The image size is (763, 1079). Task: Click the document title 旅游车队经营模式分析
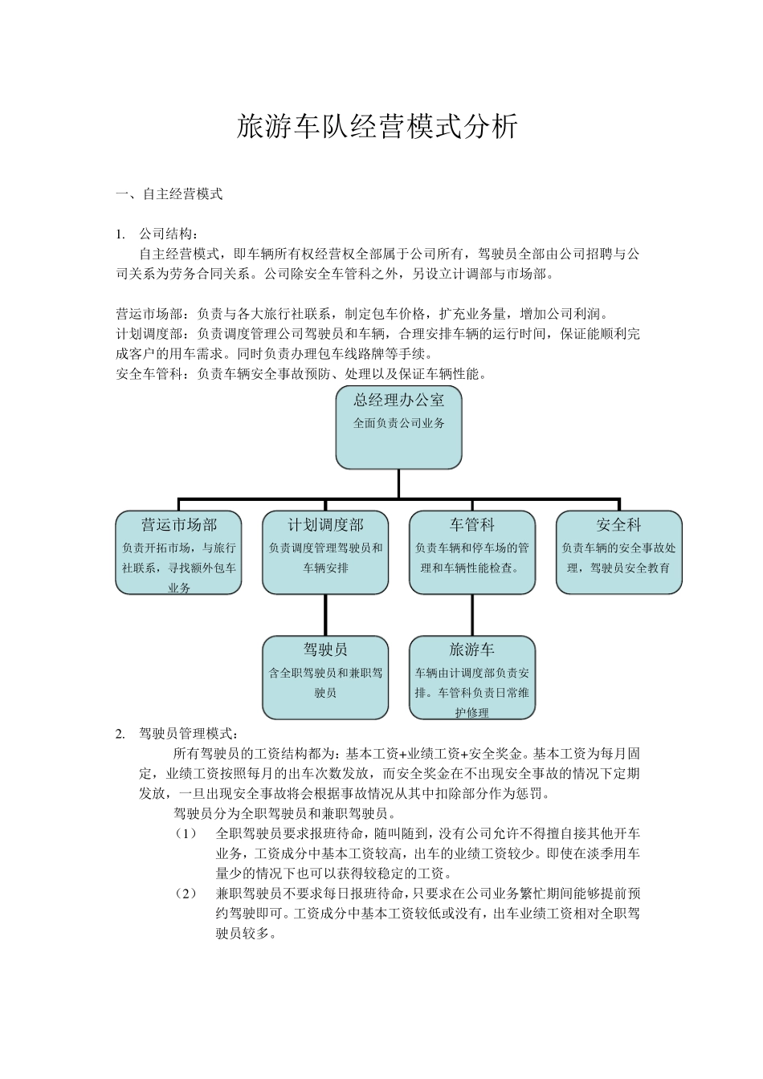(377, 128)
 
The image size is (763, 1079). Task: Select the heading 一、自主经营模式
(169, 194)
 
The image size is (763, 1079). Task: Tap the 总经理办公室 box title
(398, 400)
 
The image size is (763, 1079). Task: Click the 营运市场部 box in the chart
(178, 552)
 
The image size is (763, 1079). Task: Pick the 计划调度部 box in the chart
(325, 552)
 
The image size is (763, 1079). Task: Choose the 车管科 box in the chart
(471, 552)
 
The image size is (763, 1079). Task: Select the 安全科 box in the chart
(618, 552)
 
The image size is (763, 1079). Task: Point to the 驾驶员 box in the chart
(325, 677)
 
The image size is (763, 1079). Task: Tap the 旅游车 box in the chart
(471, 677)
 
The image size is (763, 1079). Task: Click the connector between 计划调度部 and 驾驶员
(325, 615)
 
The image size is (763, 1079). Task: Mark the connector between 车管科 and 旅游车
(471, 615)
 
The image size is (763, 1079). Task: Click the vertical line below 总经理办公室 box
(398, 483)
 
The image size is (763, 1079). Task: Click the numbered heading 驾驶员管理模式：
(188, 733)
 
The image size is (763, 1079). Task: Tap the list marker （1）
(186, 833)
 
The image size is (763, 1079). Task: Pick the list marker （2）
(186, 894)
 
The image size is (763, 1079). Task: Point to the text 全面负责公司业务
(398, 423)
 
